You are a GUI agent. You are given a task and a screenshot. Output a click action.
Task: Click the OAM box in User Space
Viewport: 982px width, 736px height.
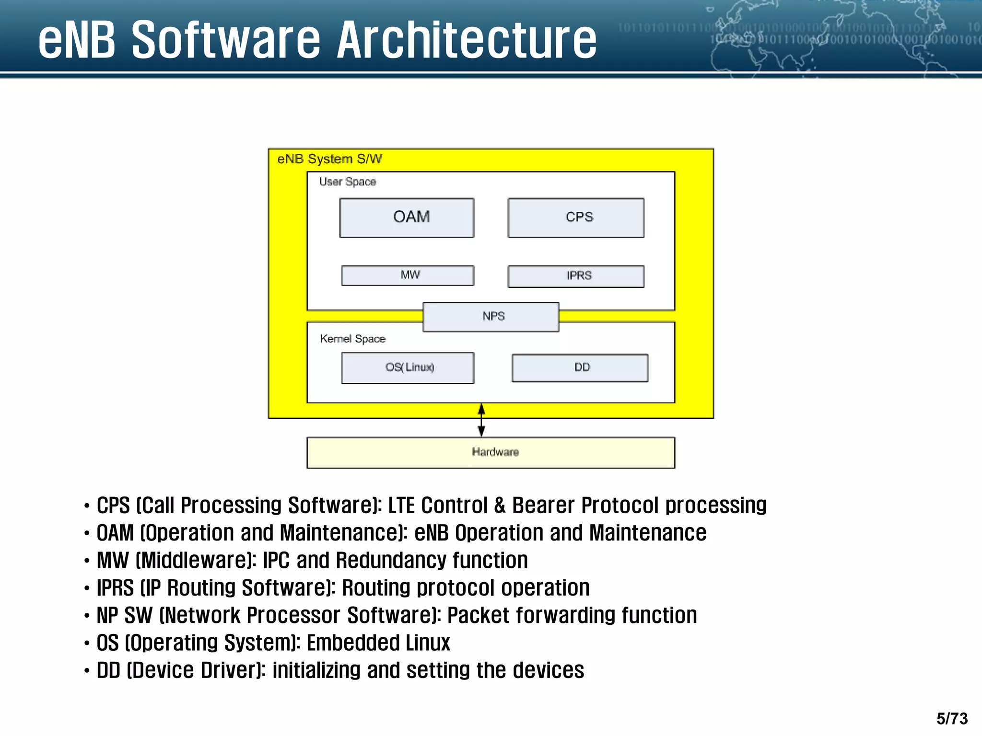tap(407, 218)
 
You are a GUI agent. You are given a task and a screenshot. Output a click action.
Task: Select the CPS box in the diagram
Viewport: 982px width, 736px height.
tap(576, 218)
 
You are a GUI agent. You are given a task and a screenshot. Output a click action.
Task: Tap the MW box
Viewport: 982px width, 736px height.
tap(408, 276)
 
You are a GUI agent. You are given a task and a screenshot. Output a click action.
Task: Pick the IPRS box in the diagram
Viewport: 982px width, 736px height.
tap(576, 276)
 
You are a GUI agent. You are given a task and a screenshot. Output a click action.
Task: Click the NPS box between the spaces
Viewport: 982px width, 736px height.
tap(491, 317)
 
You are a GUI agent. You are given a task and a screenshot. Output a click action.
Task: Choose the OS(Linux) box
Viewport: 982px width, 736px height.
tap(408, 368)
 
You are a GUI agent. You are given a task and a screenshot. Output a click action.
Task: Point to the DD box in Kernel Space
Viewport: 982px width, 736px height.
tap(580, 368)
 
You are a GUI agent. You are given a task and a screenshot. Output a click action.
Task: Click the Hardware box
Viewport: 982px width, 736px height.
tap(491, 452)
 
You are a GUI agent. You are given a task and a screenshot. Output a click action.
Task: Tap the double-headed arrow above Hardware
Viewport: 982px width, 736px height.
tap(481, 420)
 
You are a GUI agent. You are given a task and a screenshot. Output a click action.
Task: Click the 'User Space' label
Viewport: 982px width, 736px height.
tap(348, 182)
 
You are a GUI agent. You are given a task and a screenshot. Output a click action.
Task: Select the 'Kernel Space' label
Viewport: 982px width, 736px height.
tap(352, 339)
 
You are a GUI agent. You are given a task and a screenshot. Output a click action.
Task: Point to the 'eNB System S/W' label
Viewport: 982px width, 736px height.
tap(329, 159)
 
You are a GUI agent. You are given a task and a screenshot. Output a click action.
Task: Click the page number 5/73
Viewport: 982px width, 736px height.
tap(952, 718)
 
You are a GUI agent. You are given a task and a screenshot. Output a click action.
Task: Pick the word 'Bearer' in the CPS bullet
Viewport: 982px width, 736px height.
tap(543, 506)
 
